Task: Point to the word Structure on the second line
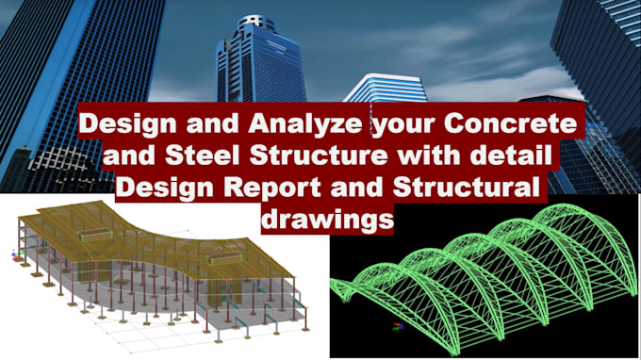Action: point(320,155)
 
